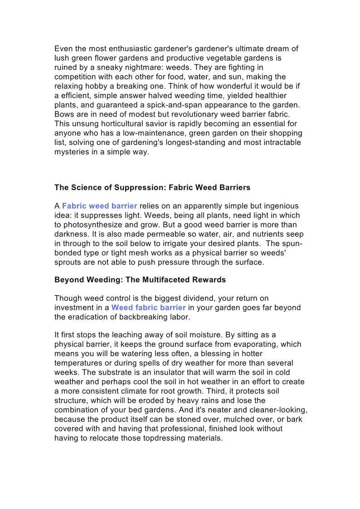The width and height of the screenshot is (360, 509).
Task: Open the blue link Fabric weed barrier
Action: point(99,206)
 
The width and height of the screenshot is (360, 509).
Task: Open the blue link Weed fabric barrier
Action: point(148,308)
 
